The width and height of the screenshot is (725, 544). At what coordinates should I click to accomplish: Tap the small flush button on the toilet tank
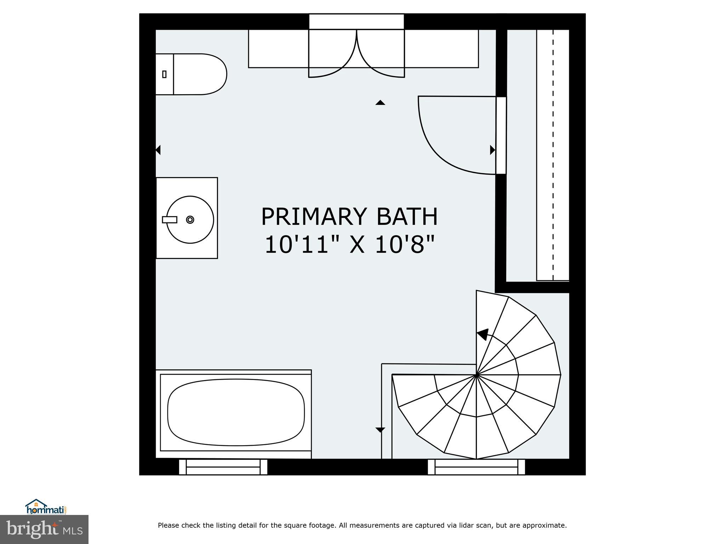164,74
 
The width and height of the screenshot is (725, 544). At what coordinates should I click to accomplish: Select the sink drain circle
190,220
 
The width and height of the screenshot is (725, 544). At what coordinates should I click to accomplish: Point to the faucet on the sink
169,220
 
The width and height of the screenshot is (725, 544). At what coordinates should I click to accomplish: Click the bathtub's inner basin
236,412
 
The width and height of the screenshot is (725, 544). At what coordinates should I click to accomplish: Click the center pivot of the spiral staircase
476,374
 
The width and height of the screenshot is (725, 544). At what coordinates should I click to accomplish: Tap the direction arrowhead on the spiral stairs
483,334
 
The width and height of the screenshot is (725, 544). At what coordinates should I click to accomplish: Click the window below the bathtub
223,467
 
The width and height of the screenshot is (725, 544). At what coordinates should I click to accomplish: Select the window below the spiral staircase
476,467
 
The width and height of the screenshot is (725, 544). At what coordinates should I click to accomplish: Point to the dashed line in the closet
553,156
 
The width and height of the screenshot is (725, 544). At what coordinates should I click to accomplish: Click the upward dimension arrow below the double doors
380,103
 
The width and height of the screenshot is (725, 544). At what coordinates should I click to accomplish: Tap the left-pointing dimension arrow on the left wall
158,150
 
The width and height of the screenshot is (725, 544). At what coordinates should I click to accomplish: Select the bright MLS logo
44,529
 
